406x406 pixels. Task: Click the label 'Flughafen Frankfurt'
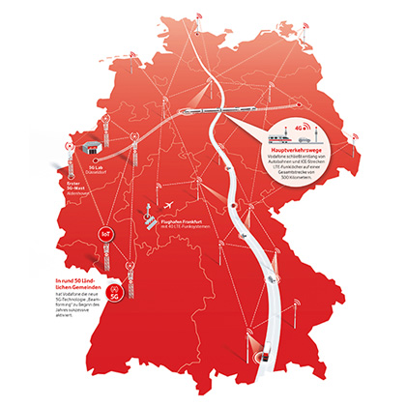[182, 219]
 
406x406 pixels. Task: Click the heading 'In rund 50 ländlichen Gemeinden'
[76, 284]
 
